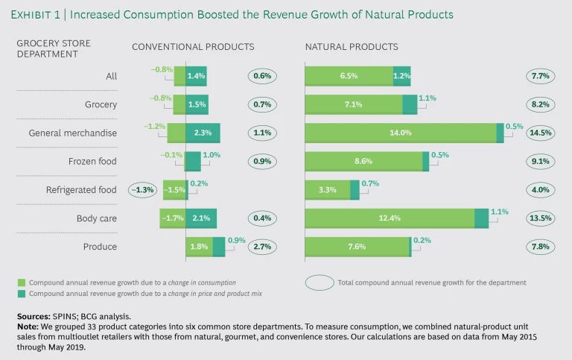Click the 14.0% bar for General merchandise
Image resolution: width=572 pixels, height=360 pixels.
tap(400, 133)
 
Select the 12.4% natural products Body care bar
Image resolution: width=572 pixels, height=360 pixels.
tap(390, 218)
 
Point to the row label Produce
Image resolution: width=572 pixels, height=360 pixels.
tap(101, 246)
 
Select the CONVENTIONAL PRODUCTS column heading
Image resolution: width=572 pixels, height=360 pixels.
tap(193, 47)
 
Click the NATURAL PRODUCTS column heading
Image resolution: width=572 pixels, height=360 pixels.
tap(352, 47)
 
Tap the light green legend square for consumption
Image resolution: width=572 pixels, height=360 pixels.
tap(22, 282)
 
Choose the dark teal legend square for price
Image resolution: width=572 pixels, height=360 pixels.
tap(22, 294)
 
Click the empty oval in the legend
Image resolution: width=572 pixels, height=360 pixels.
tap(320, 282)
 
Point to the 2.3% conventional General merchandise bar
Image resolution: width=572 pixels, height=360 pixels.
tap(203, 133)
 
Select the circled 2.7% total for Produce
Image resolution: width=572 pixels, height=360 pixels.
tap(262, 246)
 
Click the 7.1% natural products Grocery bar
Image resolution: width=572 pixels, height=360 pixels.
tap(353, 104)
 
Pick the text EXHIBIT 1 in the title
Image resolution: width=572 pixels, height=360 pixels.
tap(39, 15)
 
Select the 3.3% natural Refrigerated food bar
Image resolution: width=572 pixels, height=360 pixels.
tap(328, 189)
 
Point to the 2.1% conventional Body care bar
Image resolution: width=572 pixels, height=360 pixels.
tap(201, 218)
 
